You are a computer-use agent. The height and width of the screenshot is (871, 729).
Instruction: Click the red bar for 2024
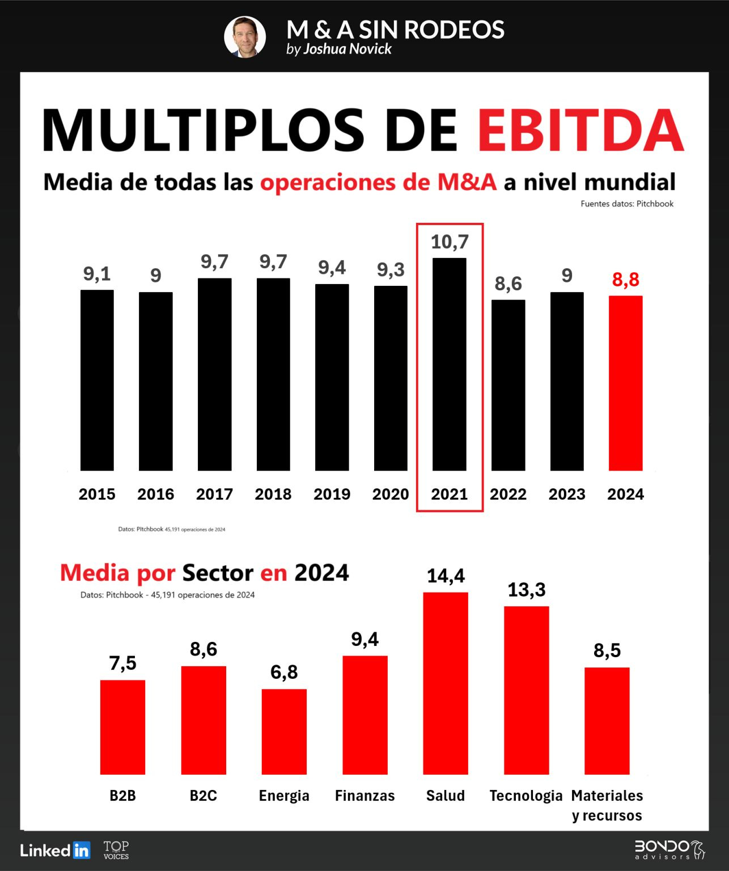click(x=625, y=383)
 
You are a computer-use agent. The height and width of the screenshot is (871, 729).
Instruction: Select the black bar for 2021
click(x=449, y=364)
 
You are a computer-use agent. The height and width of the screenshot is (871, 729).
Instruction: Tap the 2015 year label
click(x=97, y=494)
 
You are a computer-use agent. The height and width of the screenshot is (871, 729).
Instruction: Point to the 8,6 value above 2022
click(x=508, y=284)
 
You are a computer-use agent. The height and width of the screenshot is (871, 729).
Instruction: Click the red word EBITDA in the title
click(x=580, y=130)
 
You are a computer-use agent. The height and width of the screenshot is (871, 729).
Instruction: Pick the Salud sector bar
click(x=446, y=683)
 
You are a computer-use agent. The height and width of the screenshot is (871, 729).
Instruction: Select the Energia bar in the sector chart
click(x=284, y=732)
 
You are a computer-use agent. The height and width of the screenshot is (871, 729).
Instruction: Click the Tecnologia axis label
click(x=526, y=796)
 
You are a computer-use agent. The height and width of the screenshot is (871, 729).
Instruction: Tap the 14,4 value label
click(x=446, y=576)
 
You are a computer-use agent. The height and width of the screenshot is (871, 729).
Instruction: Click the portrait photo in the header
click(x=245, y=37)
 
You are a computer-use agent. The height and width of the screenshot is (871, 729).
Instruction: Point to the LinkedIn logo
click(x=55, y=850)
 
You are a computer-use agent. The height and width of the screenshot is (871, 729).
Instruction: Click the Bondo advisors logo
click(x=669, y=849)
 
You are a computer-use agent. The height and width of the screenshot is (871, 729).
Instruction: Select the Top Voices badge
click(x=116, y=849)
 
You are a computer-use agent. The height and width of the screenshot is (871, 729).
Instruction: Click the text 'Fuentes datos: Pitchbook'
click(x=627, y=204)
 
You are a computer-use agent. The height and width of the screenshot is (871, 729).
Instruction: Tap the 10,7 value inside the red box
click(x=450, y=242)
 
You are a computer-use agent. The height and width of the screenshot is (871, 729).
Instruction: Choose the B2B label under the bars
click(x=122, y=796)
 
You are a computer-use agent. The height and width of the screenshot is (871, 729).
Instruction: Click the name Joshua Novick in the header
click(x=347, y=49)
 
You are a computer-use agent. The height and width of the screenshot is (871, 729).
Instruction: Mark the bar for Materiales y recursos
click(x=607, y=721)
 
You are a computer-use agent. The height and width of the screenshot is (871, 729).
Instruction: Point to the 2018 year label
click(x=273, y=494)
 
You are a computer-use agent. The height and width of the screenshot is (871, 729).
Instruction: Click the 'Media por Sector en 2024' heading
click(x=204, y=573)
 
